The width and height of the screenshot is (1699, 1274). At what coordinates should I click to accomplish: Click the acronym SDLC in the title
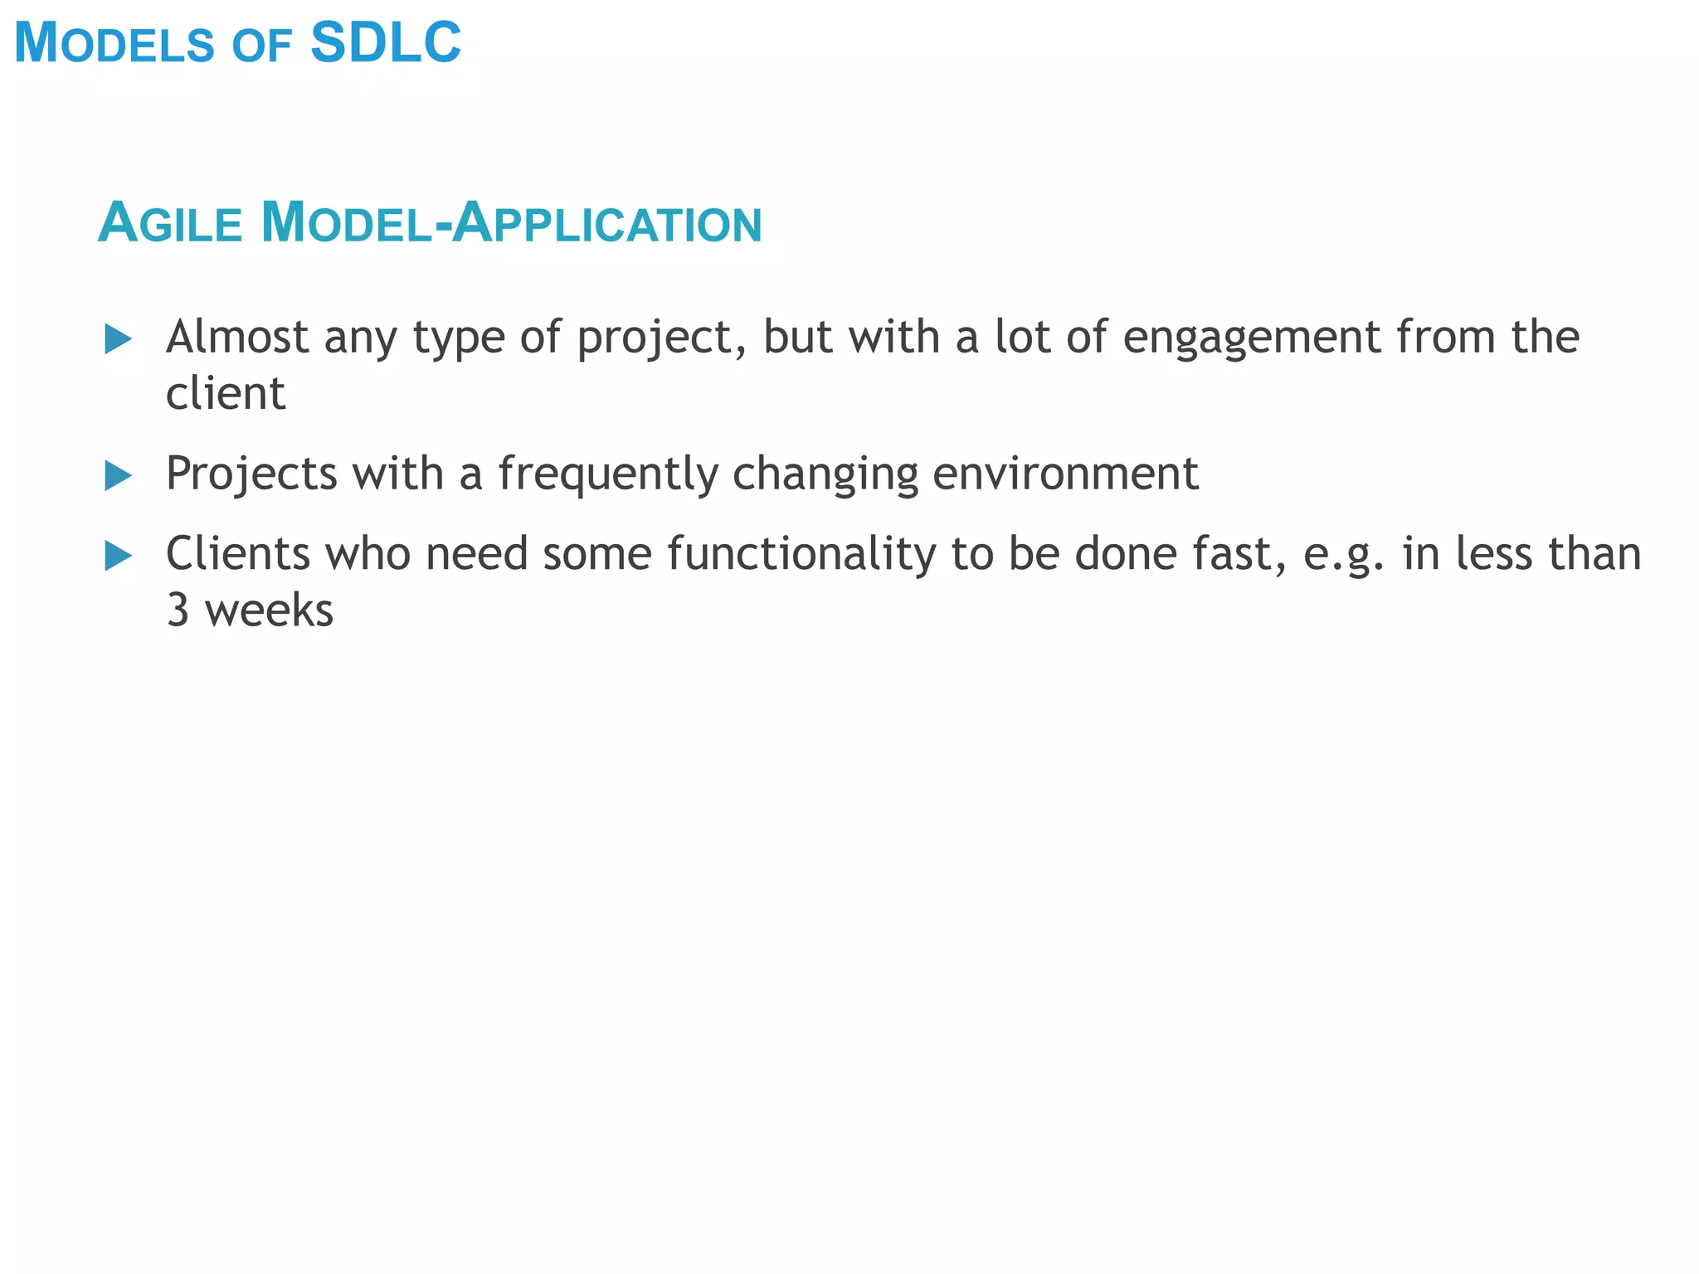386,43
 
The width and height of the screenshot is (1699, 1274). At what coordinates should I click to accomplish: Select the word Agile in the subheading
170,223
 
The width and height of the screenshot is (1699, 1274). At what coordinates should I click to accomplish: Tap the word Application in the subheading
608,223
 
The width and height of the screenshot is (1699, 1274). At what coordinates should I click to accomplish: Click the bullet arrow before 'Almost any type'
119,339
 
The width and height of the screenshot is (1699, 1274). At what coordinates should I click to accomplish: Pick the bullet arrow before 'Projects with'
119,476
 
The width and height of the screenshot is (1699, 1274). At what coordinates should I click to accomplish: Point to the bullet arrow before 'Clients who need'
119,556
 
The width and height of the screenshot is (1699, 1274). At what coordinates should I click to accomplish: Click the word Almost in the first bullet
237,337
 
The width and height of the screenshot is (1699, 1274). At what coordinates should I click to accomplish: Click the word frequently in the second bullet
608,474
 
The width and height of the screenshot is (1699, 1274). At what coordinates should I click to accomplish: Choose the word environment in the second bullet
1065,474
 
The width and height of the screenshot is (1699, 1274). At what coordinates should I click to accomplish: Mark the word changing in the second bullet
825,474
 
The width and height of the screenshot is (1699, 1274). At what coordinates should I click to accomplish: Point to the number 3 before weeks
178,610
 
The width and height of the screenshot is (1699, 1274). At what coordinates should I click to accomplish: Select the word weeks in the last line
269,610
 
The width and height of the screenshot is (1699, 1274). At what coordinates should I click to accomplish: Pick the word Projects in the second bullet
251,474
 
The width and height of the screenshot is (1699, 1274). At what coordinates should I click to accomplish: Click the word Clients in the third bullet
238,553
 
